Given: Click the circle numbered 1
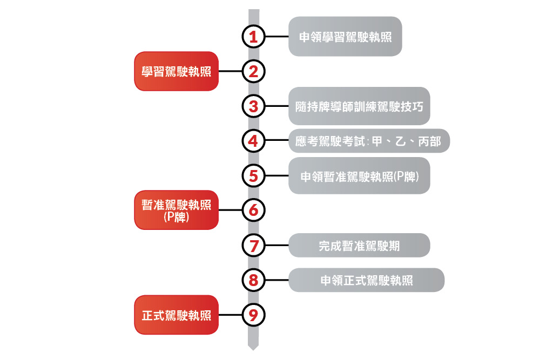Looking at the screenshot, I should (x=253, y=37).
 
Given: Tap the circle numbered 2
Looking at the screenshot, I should (x=253, y=71).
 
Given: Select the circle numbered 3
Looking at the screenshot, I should (x=253, y=106).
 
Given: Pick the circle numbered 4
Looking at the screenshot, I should (x=253, y=141).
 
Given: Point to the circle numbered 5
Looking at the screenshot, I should (x=253, y=175).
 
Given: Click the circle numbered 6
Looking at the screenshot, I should (x=253, y=209).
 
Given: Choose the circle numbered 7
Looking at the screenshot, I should (x=253, y=245).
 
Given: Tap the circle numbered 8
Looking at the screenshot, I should (x=253, y=280).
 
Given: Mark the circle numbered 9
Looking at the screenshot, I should (x=253, y=315).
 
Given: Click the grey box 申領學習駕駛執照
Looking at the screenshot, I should (x=345, y=37).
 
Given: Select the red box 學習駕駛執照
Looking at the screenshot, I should (x=176, y=71).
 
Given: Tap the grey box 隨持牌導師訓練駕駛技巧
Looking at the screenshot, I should (x=359, y=106).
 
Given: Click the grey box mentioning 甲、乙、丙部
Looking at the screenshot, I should (x=369, y=141).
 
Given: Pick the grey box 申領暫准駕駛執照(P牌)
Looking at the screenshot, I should (x=359, y=175).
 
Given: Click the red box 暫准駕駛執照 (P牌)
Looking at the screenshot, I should (x=176, y=209).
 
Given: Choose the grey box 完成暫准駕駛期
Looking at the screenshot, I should (x=359, y=245).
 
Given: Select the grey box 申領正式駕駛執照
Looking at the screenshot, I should (x=366, y=280).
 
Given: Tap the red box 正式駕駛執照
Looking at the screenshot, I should (x=176, y=315).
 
